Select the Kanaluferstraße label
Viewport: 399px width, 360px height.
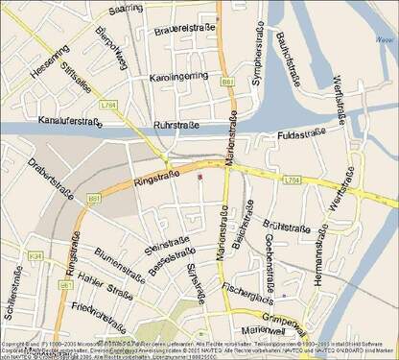coord(70,122)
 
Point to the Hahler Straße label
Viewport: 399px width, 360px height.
coord(106,287)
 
